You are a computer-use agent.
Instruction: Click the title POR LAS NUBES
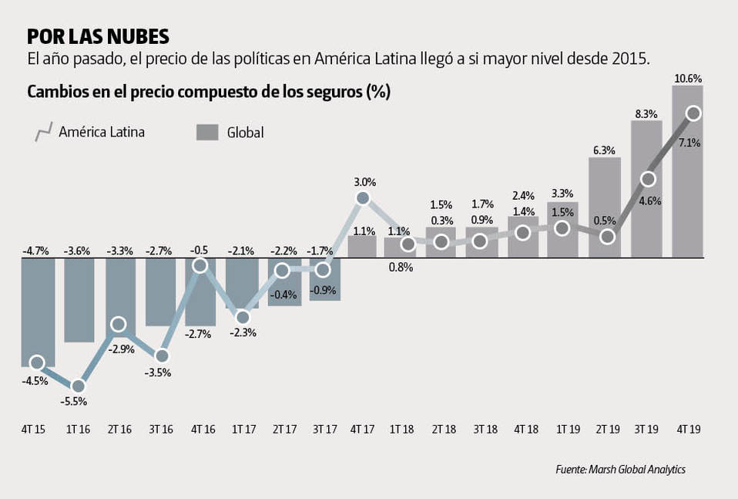(x=98, y=37)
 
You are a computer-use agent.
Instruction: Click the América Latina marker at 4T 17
(x=364, y=198)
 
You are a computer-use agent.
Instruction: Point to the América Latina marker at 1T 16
(x=78, y=386)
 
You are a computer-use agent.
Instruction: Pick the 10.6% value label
(x=687, y=78)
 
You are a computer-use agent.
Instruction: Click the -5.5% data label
(x=74, y=401)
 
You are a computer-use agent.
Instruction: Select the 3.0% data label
(x=364, y=183)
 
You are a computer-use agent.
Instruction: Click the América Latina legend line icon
(x=42, y=132)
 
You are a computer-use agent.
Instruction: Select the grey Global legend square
(x=207, y=132)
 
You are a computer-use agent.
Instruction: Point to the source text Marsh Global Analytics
(x=620, y=469)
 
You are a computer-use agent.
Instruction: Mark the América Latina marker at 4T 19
(x=693, y=113)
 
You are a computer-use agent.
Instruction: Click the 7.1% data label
(x=689, y=143)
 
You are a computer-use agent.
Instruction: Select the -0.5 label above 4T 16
(x=200, y=251)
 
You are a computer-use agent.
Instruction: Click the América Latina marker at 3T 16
(x=161, y=356)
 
